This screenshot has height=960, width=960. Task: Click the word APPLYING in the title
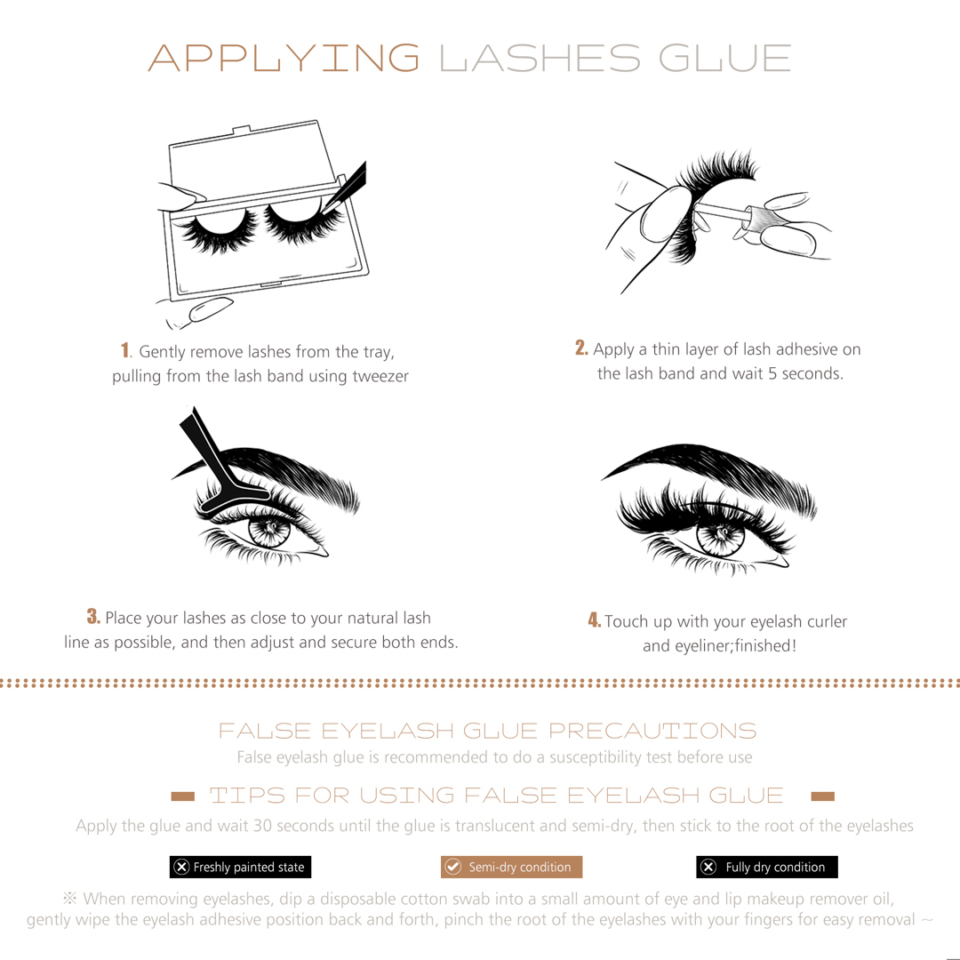tap(284, 58)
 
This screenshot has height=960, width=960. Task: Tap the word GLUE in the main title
tap(725, 58)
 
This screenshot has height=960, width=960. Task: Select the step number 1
tap(125, 350)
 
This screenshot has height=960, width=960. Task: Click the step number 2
tap(581, 348)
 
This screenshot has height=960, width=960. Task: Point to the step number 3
tap(93, 616)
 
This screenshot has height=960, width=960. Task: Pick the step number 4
tap(595, 620)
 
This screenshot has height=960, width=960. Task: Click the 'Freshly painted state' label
tap(241, 867)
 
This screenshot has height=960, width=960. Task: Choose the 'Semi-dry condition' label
tap(511, 867)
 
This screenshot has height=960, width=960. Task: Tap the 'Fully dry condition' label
tap(766, 867)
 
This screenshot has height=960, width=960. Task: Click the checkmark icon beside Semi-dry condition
tap(453, 867)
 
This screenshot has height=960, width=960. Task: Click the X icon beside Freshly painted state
tap(181, 867)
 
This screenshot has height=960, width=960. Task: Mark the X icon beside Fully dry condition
tap(708, 867)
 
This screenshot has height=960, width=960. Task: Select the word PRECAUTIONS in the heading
tap(652, 731)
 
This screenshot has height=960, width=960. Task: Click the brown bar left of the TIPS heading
tap(182, 796)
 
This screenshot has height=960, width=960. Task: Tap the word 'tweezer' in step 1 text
tap(380, 376)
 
